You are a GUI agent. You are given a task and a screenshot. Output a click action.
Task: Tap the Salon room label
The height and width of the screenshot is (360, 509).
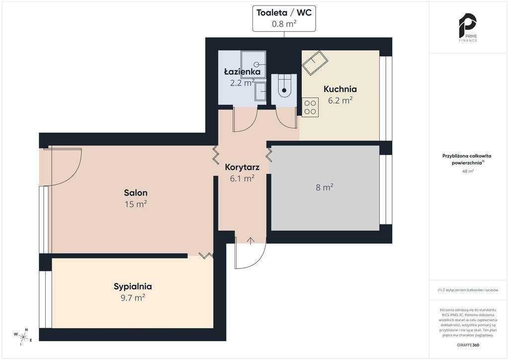click(136, 192)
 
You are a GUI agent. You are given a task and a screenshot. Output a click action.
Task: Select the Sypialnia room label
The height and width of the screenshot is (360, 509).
click(133, 286)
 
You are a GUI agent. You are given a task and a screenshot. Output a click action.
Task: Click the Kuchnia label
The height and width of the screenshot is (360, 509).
click(340, 89)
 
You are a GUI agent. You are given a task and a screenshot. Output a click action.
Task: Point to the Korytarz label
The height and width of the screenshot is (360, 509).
click(242, 168)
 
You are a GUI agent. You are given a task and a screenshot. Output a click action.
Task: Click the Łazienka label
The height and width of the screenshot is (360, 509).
click(242, 72)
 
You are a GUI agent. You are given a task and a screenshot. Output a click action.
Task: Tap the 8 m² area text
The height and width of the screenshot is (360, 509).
click(325, 187)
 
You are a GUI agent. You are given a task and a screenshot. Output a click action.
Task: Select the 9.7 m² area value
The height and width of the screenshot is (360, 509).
click(133, 298)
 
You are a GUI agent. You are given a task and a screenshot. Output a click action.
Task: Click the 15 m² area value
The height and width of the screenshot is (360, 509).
click(136, 204)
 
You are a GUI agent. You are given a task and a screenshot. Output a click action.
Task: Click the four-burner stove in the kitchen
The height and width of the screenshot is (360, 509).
click(310, 107)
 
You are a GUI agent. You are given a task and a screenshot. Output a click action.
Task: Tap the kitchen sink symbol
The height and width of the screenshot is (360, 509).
click(315, 63)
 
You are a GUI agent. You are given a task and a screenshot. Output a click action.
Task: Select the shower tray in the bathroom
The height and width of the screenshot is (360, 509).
click(253, 65)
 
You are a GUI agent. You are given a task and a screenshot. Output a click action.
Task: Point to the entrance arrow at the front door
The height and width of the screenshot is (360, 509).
click(251, 241)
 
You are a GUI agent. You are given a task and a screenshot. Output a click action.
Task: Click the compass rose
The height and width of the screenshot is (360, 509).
click(23, 336)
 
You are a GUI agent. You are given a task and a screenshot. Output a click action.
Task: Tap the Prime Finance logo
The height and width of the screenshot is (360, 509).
click(467, 27)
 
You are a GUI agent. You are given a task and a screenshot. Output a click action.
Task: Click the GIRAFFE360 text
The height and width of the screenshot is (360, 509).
click(468, 345)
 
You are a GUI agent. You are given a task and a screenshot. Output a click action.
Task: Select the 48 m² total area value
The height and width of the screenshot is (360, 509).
click(468, 171)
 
